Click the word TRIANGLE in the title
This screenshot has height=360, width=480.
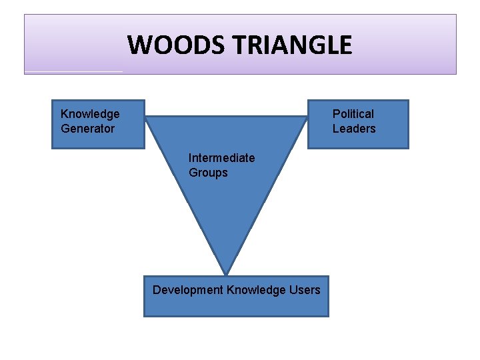click(293, 45)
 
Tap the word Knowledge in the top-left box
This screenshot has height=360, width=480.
click(90, 114)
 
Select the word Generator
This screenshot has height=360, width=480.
click(87, 129)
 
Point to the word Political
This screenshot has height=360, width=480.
click(353, 114)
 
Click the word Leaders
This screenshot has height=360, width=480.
click(354, 129)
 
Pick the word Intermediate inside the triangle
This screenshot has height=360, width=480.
click(221, 158)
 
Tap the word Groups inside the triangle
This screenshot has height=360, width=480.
click(208, 173)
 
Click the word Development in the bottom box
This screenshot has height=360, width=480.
click(188, 289)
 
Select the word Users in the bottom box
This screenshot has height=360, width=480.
click(305, 289)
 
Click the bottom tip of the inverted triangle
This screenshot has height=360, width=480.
click(227, 274)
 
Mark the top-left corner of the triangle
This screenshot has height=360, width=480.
click(147, 117)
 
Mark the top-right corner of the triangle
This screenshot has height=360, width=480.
click(307, 117)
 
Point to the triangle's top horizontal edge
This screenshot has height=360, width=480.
click(227, 117)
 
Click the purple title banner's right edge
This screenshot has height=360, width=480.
click(456, 45)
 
